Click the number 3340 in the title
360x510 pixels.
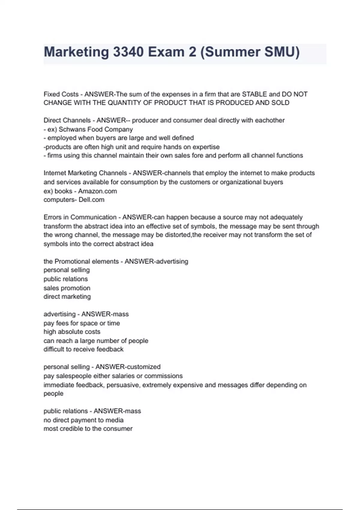click(128, 52)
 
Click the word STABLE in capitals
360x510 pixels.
click(254, 94)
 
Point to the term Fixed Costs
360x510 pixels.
click(61, 94)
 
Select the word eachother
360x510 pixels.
click(270, 120)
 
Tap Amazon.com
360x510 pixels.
click(97, 191)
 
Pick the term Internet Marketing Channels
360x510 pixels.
click(85, 173)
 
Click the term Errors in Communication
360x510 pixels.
click(80, 217)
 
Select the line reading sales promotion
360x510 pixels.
click(67, 288)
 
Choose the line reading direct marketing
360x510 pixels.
click(67, 297)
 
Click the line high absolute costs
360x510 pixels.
click(72, 332)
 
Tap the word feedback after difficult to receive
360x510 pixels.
click(110, 349)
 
